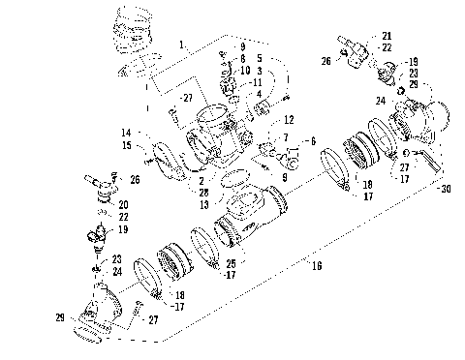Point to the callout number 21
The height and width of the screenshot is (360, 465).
click(387, 35)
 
